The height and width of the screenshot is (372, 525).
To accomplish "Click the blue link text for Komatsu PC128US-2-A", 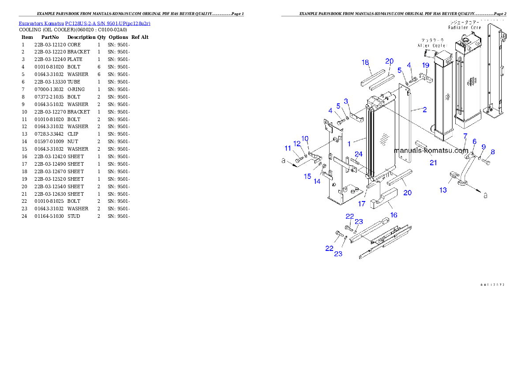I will [84, 23].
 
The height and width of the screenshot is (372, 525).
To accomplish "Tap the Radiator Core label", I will [465, 27].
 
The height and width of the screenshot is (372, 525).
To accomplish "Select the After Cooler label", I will [432, 46].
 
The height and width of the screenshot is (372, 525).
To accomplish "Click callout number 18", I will [365, 63].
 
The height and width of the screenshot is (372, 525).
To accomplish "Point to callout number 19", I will [425, 65].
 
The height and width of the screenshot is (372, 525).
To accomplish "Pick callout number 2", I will [424, 110].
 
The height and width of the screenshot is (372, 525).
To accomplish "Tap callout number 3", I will [346, 101].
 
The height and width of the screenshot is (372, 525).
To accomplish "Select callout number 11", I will [288, 148].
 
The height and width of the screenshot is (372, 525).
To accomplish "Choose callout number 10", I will [305, 139].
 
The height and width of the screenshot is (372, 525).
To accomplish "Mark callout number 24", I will [359, 154].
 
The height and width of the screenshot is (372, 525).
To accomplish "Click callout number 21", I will [433, 163].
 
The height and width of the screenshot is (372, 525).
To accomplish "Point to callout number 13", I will [443, 190].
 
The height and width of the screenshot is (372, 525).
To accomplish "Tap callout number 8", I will [493, 152].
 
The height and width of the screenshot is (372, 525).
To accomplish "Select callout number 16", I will [394, 215].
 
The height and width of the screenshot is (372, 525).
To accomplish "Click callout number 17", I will [362, 204].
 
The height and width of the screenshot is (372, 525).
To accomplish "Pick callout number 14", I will [317, 182].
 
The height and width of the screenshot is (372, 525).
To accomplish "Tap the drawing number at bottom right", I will [492, 285].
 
